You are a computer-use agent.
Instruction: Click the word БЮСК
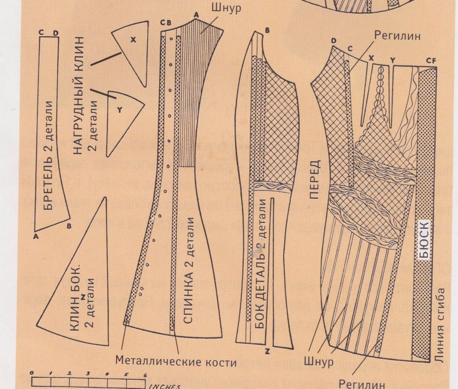[425, 240]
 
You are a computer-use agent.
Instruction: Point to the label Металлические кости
[176, 362]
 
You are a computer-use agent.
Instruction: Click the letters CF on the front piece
[431, 60]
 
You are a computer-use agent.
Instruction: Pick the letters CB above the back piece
[165, 22]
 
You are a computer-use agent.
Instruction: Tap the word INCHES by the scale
[165, 386]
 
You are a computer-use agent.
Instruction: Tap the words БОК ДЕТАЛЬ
[261, 284]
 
